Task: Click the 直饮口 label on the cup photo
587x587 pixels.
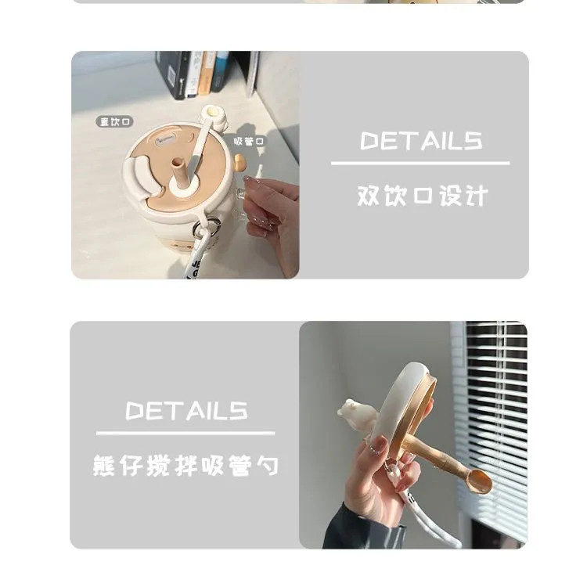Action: [114, 121]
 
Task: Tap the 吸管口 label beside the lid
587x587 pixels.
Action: [249, 142]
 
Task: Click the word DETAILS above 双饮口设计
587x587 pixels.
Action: [421, 141]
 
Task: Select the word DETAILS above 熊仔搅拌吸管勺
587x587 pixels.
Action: [186, 411]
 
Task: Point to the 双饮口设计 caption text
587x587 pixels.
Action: [423, 196]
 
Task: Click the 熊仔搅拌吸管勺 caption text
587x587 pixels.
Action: [185, 466]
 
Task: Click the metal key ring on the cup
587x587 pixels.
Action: [206, 228]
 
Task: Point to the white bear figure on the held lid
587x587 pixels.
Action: [356, 415]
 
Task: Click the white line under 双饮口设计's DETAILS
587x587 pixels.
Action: [420, 164]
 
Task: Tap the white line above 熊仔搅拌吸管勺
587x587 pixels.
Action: [185, 433]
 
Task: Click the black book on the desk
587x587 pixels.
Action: [172, 74]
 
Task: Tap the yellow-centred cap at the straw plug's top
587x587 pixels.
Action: [212, 112]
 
